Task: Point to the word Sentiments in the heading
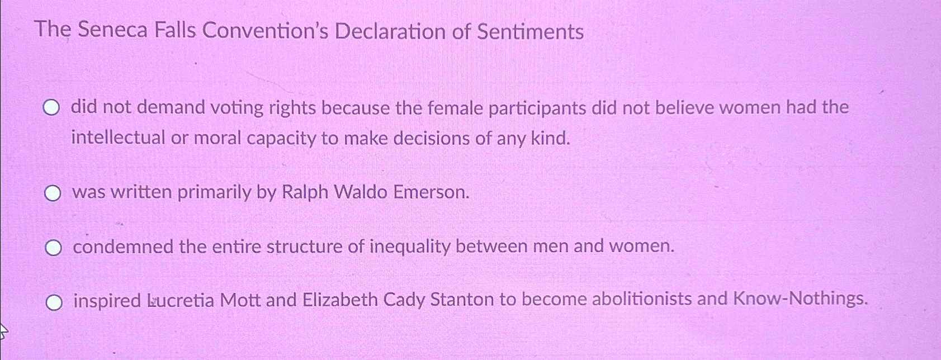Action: (x=530, y=31)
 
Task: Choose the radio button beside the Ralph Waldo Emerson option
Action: (x=53, y=193)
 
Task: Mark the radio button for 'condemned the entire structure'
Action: (x=53, y=248)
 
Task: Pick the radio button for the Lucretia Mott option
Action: (x=54, y=302)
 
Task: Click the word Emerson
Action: (x=431, y=192)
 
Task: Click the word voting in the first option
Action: (x=237, y=108)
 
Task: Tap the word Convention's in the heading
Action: (x=266, y=31)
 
